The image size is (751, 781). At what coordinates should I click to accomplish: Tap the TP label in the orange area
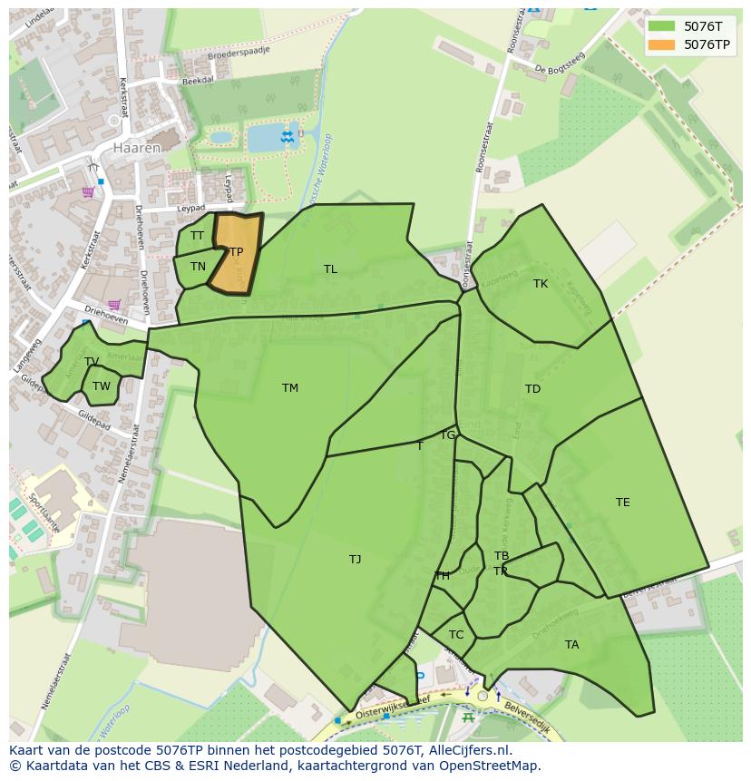click(236, 252)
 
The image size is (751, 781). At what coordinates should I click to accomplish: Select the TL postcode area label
click(330, 269)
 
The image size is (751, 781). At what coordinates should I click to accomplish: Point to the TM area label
click(290, 388)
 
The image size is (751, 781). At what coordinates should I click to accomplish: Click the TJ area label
click(356, 560)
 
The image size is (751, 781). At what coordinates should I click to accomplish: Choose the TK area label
click(541, 284)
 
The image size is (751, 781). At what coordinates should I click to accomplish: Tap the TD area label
click(532, 389)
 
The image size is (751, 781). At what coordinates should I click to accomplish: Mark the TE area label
click(622, 503)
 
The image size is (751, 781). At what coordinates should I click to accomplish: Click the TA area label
click(571, 645)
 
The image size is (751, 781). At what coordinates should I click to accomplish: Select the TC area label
click(456, 635)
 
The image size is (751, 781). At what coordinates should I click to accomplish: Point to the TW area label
click(102, 386)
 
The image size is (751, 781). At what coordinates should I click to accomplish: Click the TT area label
click(197, 236)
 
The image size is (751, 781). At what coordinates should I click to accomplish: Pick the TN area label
click(198, 267)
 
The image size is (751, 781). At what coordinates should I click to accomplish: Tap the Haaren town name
click(137, 147)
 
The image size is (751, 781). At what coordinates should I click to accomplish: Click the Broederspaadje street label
click(239, 52)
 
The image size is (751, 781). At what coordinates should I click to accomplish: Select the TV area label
click(92, 362)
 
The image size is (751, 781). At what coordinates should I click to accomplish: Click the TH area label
click(443, 576)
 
